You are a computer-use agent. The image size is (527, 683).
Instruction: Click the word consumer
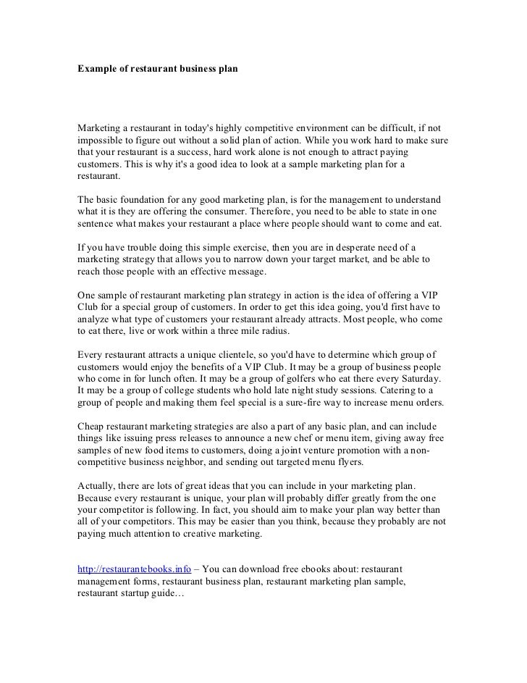(x=237, y=211)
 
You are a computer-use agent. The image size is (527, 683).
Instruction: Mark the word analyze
(x=94, y=319)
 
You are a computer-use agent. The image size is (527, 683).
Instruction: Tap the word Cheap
(x=92, y=427)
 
